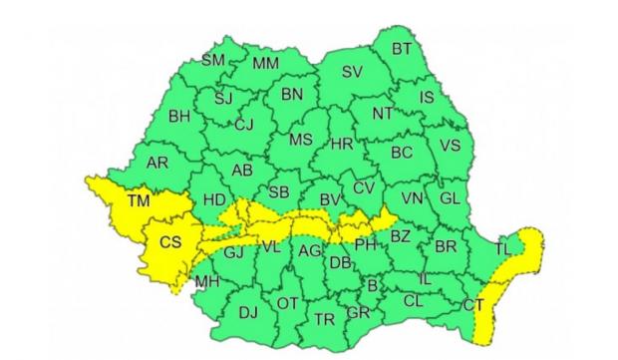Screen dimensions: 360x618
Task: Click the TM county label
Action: pos(138,202)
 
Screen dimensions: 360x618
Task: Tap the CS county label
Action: pos(170,241)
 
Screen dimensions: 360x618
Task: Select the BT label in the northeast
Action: pos(402,48)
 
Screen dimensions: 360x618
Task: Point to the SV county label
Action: pos(352,72)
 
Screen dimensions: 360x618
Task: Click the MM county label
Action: pos(265,64)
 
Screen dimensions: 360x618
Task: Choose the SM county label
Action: pos(213,60)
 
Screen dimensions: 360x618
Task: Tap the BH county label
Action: pos(179,117)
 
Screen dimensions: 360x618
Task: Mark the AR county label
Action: pos(157,163)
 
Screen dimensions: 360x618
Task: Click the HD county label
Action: pos(214,199)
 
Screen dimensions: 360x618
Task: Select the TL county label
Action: pos(503,247)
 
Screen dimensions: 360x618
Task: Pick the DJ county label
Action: pos(247,312)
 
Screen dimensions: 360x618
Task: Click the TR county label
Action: pos(324,319)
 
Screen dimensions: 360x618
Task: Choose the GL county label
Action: pos(450,197)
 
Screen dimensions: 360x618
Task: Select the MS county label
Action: pos(301,141)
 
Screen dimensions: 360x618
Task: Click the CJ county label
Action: pos(244,125)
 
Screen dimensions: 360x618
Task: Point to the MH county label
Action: pos(207,282)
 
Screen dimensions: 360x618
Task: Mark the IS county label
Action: pos(427,97)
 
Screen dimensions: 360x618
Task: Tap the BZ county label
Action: pos(400,236)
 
